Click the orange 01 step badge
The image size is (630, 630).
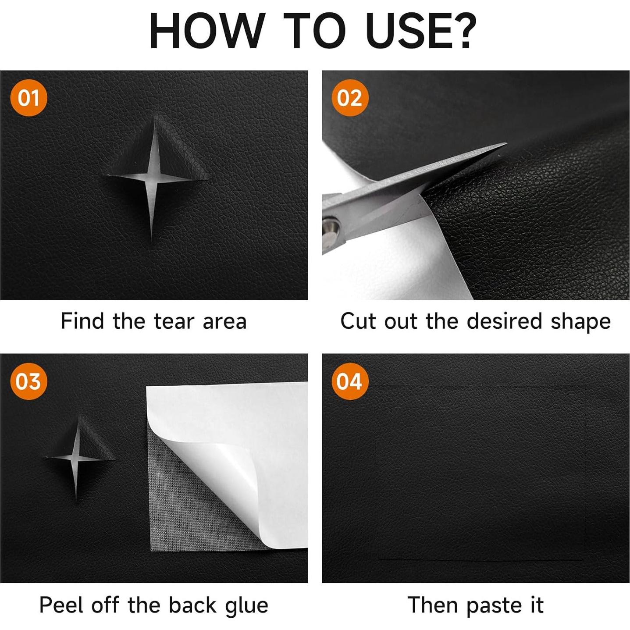click(28, 98)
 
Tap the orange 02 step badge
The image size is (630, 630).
click(350, 98)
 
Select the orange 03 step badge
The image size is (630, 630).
click(28, 381)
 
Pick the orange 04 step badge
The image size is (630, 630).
click(350, 381)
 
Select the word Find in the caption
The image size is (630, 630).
click(82, 321)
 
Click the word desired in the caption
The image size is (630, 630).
click(505, 321)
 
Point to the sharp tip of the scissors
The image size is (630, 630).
click(506, 143)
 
